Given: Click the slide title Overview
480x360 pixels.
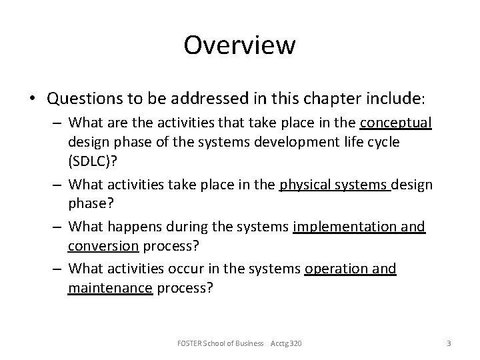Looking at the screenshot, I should [x=239, y=45].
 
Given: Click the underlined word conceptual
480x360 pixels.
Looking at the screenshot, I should [x=395, y=123].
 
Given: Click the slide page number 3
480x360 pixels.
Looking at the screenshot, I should [x=449, y=343].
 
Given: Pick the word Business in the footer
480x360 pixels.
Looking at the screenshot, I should [x=248, y=343].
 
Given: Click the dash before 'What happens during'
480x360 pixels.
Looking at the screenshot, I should [x=59, y=227].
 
